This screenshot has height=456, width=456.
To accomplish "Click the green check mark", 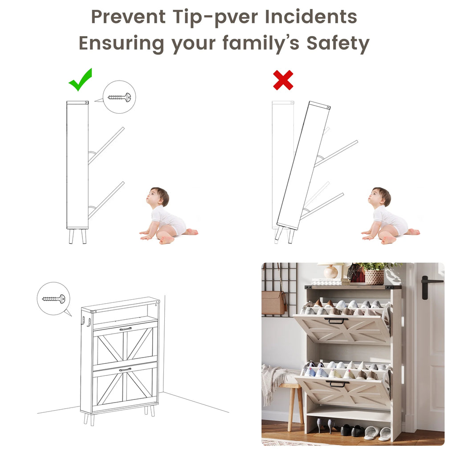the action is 80,80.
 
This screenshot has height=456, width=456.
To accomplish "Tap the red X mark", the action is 283,80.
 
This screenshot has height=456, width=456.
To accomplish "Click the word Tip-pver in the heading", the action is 215,17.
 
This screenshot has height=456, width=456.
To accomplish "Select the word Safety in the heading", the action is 338,43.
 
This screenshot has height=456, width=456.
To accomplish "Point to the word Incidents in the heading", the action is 311,16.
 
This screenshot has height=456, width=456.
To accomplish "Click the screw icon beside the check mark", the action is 119,97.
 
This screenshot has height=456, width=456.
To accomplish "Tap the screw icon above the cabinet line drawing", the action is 54,299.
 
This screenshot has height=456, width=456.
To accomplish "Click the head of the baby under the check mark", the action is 158,197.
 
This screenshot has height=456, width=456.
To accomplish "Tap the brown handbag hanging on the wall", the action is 273,302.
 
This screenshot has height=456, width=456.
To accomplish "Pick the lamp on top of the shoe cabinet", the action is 331,270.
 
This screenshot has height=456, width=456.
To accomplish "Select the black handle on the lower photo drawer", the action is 338,383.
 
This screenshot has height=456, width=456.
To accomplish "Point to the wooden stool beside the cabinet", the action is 291,401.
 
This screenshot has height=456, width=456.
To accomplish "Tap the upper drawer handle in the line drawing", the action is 126,329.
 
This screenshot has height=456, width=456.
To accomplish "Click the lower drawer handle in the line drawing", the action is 125,370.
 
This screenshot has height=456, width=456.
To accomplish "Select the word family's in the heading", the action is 261,43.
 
